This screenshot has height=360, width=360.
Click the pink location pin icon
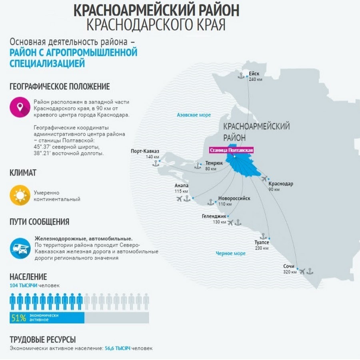[x=20, y=108]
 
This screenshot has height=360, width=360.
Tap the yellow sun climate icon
[x=20, y=195]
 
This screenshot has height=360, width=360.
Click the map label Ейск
[x=254, y=74]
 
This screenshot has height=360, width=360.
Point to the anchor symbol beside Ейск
[x=241, y=75]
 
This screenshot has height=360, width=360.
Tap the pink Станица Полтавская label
[x=232, y=150]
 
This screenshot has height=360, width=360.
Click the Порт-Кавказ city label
[x=145, y=151]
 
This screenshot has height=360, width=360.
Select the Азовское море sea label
[x=194, y=115]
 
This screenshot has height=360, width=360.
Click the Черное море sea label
[x=230, y=253]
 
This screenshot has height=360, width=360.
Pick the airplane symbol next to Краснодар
[x=264, y=178]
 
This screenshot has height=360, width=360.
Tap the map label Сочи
[x=288, y=266]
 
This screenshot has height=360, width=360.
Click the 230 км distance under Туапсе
[x=262, y=248]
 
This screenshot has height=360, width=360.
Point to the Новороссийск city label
[x=234, y=198]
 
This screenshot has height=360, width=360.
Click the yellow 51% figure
[x=18, y=318]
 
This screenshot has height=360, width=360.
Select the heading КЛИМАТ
[x=23, y=173]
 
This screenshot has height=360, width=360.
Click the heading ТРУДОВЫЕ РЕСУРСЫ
[x=42, y=340]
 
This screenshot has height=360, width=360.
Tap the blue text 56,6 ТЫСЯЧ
[x=118, y=348]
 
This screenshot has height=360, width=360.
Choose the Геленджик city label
[x=214, y=216]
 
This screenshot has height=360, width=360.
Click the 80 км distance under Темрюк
[x=211, y=169]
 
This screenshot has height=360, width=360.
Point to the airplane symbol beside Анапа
[x=179, y=198]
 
